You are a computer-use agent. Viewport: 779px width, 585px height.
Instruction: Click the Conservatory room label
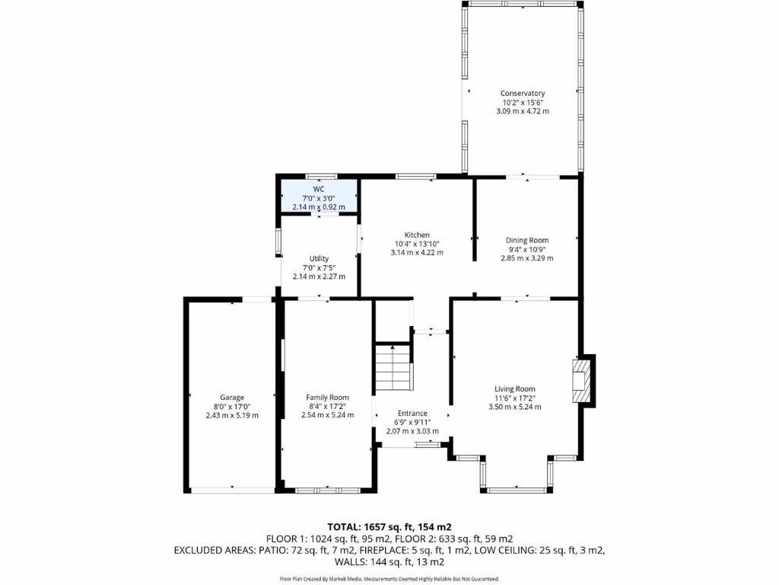(522, 93)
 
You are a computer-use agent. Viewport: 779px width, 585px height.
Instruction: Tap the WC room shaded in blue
(318, 197)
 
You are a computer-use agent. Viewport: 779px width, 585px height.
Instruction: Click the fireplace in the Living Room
(581, 379)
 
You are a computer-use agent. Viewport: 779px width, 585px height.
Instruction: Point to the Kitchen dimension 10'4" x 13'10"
(416, 244)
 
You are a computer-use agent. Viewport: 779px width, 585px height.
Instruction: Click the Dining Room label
(526, 240)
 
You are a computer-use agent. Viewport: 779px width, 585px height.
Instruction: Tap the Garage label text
(232, 398)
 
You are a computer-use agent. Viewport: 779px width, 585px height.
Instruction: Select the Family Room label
(327, 398)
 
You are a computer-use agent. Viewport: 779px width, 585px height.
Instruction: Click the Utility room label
(319, 258)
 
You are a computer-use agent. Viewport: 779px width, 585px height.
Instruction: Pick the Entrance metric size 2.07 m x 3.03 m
(412, 431)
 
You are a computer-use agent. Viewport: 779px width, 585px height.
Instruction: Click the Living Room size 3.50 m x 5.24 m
(514, 407)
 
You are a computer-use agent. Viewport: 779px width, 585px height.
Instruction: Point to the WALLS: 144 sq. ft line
(389, 561)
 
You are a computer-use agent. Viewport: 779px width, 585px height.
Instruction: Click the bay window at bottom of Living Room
(517, 490)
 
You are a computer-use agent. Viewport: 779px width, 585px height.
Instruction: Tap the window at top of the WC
(317, 176)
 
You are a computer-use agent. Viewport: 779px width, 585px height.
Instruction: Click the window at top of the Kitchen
(416, 177)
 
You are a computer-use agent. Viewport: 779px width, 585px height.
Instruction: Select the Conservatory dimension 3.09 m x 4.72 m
(522, 111)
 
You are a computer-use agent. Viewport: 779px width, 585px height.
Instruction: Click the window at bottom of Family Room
(318, 490)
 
